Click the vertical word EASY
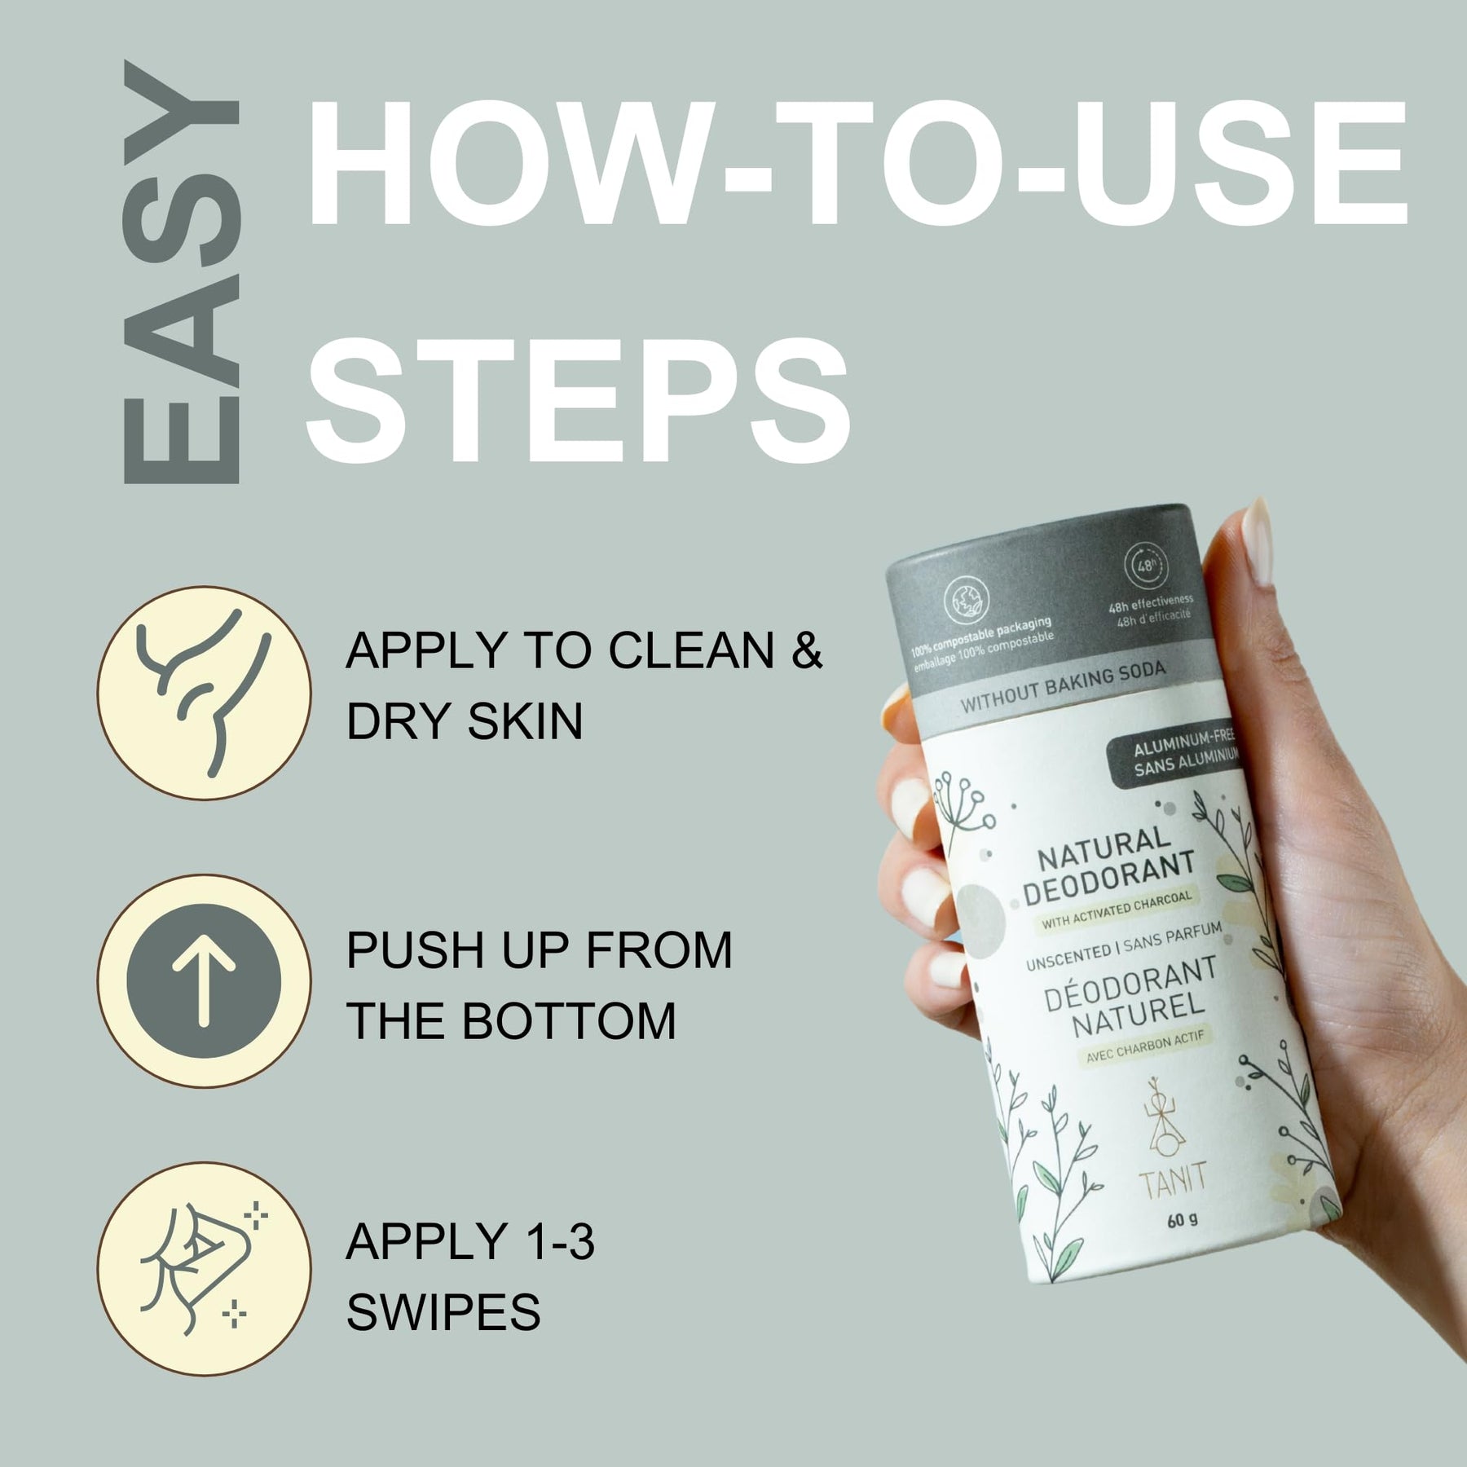click(x=181, y=272)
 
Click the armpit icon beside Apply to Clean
click(x=204, y=693)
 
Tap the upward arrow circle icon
click(x=204, y=980)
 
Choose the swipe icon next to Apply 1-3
click(x=204, y=1269)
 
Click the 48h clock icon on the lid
click(x=1145, y=566)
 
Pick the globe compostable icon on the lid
click(x=967, y=601)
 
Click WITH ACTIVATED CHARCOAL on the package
click(x=1117, y=910)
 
